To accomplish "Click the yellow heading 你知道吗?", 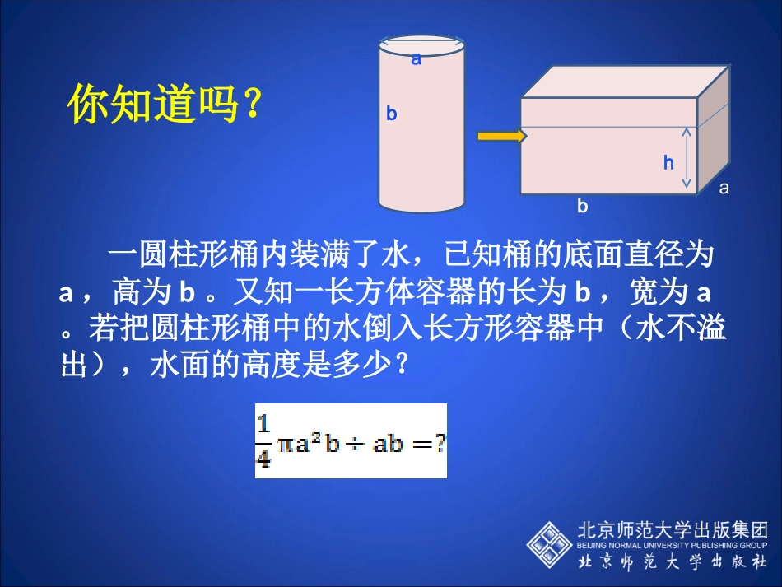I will (x=164, y=105).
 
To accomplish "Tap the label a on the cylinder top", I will (x=417, y=58).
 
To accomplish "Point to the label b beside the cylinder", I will (x=392, y=114).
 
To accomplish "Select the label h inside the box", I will (x=668, y=163).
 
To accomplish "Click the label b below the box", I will (x=583, y=207).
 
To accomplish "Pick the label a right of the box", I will (x=724, y=188).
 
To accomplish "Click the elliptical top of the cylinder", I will (x=421, y=47).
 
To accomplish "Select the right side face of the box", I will (x=713, y=132).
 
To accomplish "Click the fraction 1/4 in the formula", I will (x=263, y=441).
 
